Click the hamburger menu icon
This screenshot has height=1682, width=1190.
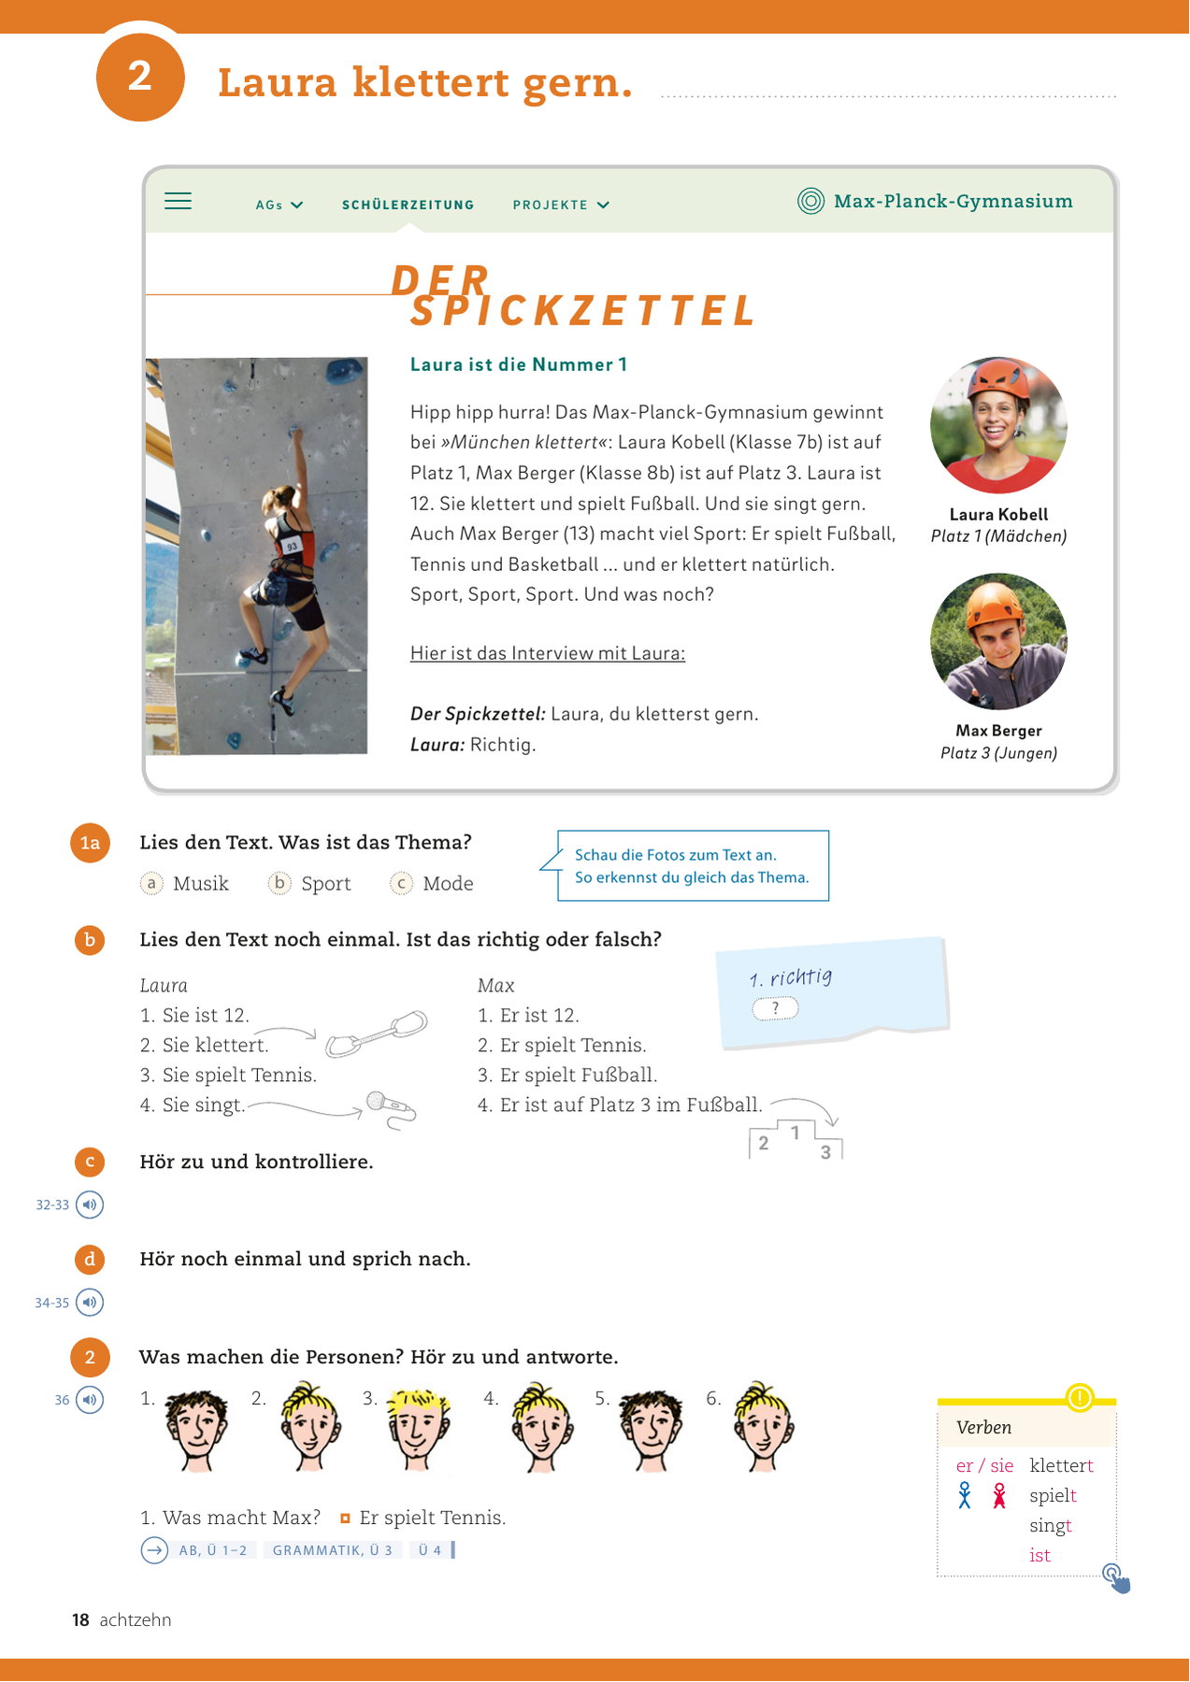(x=178, y=201)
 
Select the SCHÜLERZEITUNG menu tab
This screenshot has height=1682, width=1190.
(x=408, y=205)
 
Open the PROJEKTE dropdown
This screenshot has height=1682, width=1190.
(x=561, y=205)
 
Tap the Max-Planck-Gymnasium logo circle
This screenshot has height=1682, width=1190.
(x=810, y=201)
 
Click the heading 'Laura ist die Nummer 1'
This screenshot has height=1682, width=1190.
(x=518, y=364)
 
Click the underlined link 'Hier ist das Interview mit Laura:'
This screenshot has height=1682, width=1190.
(x=547, y=653)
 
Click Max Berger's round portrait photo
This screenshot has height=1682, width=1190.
(x=998, y=642)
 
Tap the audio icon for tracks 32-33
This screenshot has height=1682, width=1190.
(x=90, y=1204)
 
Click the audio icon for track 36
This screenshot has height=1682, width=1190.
(x=90, y=1400)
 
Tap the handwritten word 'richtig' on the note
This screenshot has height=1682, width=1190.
(x=800, y=977)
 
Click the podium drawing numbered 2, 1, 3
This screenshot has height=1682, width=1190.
(x=796, y=1141)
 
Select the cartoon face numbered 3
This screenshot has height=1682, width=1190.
(x=418, y=1426)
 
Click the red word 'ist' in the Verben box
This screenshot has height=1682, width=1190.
(x=1039, y=1555)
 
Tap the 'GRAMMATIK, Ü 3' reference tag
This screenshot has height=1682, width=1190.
(x=332, y=1550)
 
